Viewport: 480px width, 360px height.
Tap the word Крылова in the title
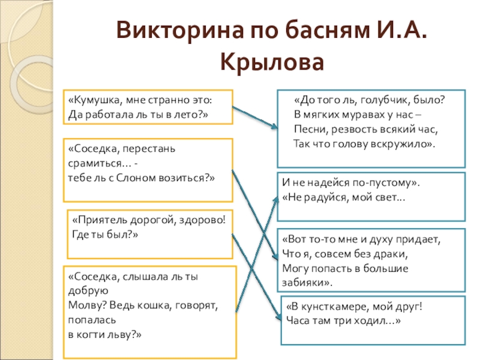tap(272, 62)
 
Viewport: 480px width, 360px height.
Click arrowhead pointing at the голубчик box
tap(274, 127)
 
